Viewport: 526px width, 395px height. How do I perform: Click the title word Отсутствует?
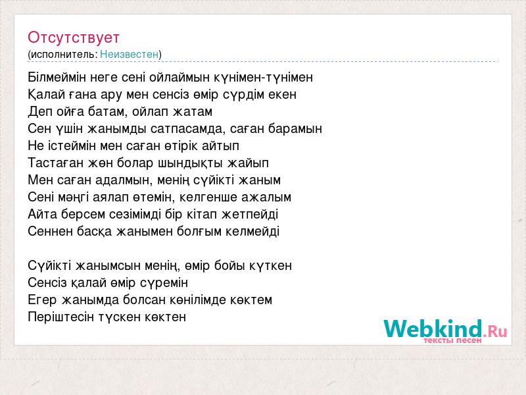[x=74, y=38]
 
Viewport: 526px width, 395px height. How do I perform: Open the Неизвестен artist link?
[x=129, y=55]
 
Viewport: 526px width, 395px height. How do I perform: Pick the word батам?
[x=107, y=112]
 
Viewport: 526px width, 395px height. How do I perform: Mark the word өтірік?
[x=181, y=145]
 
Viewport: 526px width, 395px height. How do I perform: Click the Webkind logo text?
[x=446, y=329]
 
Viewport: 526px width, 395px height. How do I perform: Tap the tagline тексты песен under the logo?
[x=452, y=340]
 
